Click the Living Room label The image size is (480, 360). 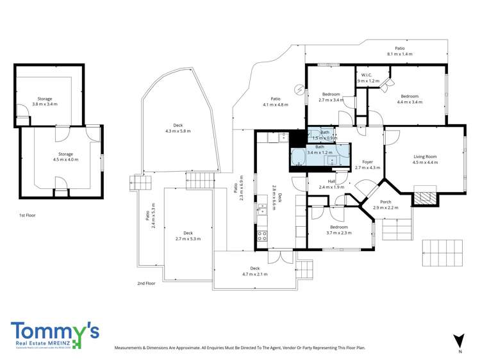click(425, 160)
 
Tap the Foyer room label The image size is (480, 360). click(367, 165)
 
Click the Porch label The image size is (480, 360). click(385, 205)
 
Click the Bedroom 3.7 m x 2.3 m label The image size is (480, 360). click(338, 230)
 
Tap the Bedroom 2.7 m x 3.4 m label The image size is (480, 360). click(331, 97)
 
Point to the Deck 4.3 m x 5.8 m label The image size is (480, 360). click(178, 128)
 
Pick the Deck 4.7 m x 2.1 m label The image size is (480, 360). click(254, 271)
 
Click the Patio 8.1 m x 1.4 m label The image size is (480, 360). click(399, 51)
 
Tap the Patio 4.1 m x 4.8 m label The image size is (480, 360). click(276, 101)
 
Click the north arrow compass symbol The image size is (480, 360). click(458, 341)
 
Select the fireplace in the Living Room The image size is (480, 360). click(424, 196)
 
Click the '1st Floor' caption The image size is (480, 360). click(27, 215)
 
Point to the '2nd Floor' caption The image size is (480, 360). click(146, 282)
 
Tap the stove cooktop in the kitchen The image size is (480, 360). click(262, 235)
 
